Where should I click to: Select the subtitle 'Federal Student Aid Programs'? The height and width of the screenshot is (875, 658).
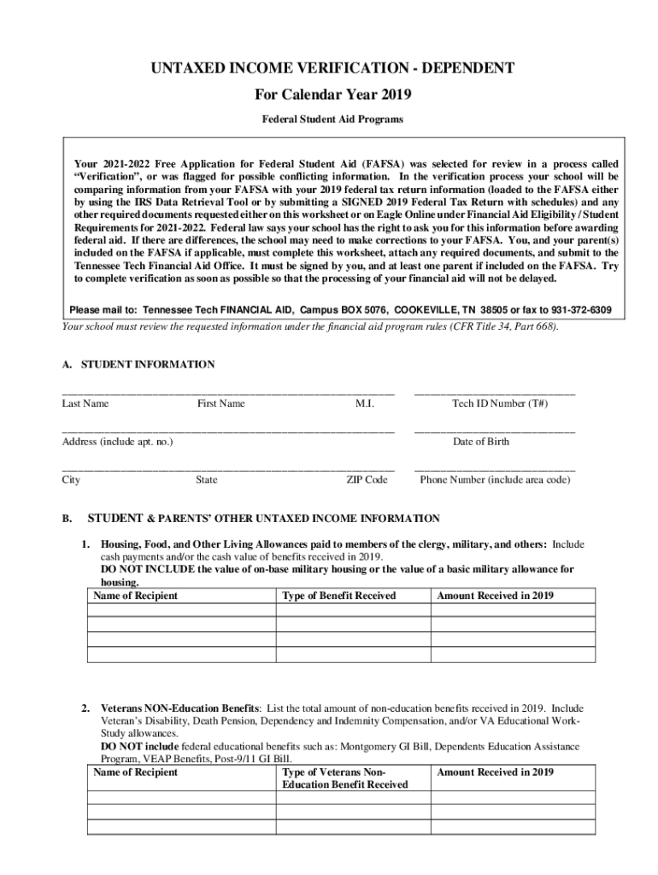(332, 120)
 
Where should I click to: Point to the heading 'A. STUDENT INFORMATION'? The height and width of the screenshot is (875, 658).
(138, 364)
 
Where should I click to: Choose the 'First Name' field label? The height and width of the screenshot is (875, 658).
(220, 403)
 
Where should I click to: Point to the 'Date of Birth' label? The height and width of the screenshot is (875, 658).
(481, 442)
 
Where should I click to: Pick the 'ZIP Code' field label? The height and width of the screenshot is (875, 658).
(367, 480)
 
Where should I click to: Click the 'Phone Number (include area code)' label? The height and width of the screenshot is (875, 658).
(495, 480)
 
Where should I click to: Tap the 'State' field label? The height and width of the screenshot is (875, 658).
(206, 480)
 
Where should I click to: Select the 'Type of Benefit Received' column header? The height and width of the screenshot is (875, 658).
(339, 596)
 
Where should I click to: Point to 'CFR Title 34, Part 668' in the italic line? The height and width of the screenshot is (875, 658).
(502, 326)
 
